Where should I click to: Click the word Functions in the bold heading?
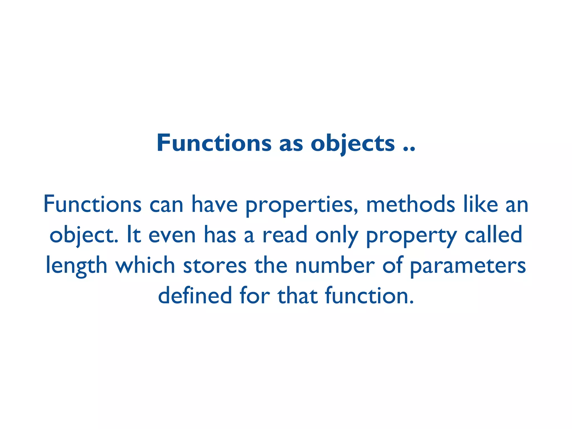pos(214,143)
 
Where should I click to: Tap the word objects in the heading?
pos(353,144)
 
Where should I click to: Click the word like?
pos(481,204)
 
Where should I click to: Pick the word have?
pos(214,204)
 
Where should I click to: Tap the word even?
pos(172,235)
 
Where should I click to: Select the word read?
pos(285,235)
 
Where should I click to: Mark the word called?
pos(493,235)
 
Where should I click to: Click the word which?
pos(145,265)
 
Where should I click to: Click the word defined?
pos(195,295)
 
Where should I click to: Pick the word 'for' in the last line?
pos(255,295)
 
